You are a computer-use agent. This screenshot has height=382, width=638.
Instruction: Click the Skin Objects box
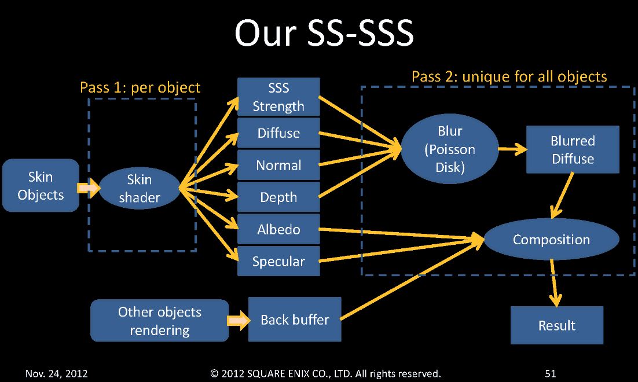[41, 185]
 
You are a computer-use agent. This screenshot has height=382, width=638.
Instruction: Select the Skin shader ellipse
[140, 189]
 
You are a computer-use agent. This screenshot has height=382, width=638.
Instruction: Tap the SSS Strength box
[278, 97]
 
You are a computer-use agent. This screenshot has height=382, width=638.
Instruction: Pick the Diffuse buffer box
[278, 133]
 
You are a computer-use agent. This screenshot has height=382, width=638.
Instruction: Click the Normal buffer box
[278, 166]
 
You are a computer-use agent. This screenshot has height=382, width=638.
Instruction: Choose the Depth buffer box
[278, 197]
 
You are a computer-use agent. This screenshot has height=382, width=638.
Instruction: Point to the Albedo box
[278, 229]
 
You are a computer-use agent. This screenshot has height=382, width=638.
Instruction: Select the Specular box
[278, 261]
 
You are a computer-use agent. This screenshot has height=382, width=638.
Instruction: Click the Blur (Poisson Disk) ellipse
[450, 149]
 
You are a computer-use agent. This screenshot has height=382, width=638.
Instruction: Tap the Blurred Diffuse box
[573, 149]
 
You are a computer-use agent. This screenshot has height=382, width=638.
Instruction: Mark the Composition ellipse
[551, 239]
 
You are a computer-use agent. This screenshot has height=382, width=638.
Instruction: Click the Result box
[556, 325]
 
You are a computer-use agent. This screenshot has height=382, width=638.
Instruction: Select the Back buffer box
[295, 319]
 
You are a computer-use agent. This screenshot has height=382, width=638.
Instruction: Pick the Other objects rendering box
[159, 321]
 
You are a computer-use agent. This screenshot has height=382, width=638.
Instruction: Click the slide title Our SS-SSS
[324, 34]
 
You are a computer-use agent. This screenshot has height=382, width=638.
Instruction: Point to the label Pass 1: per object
[140, 87]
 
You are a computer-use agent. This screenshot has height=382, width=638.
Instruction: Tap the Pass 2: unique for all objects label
[509, 76]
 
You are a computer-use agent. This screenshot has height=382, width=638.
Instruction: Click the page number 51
[550, 374]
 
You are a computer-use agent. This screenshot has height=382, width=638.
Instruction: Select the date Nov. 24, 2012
[56, 374]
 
